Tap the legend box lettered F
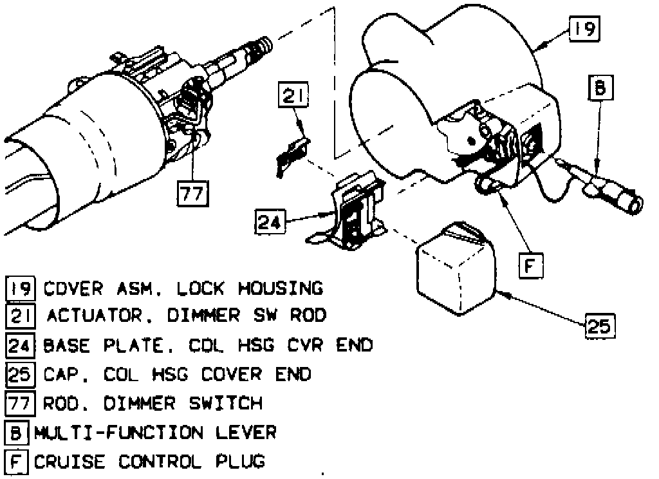pyautogui.click(x=17, y=462)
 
